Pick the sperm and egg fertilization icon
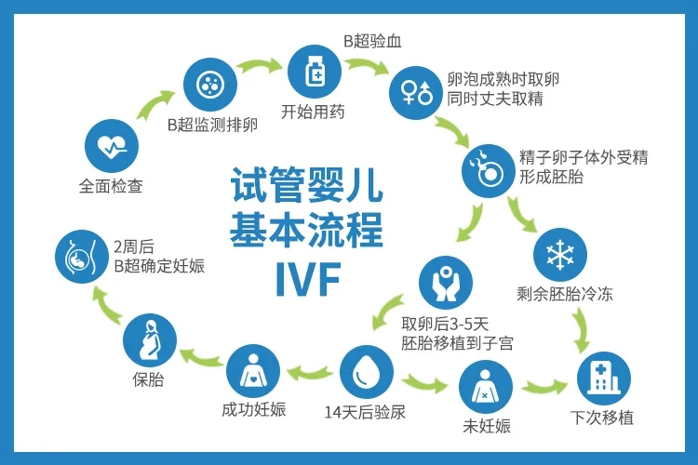pos(490,166)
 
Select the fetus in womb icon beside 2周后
pos(81,255)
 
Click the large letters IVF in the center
pos(305,276)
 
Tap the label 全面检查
pos(111,184)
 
